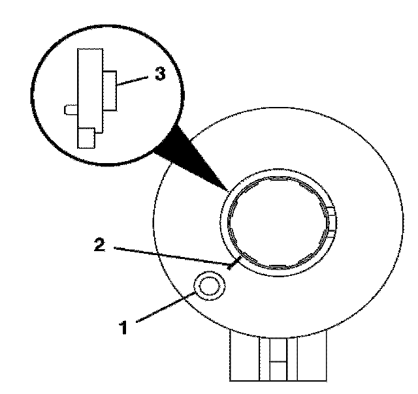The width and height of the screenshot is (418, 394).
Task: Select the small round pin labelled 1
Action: (210, 286)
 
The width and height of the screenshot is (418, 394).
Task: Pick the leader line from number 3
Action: (135, 79)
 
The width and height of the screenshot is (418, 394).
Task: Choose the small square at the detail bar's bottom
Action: (86, 138)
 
